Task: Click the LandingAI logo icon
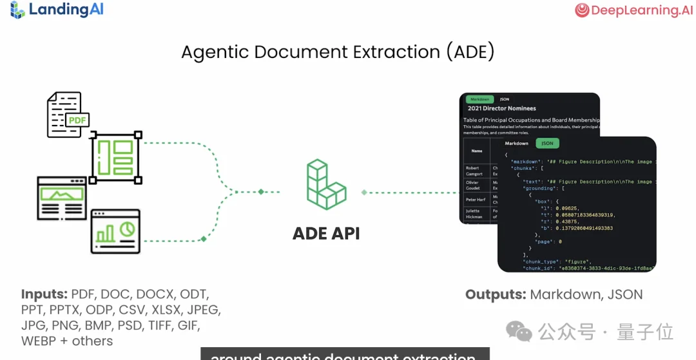(x=17, y=10)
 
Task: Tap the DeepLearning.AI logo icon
(x=583, y=10)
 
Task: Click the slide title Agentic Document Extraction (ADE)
(x=338, y=52)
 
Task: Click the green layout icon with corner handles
(x=116, y=157)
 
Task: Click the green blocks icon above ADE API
(x=326, y=185)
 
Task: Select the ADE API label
(x=326, y=232)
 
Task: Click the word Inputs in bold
(x=44, y=294)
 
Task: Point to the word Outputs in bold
(x=496, y=295)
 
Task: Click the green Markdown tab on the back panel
(x=479, y=99)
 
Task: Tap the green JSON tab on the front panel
(x=547, y=143)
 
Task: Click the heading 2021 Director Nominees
(x=502, y=109)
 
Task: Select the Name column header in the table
(x=477, y=151)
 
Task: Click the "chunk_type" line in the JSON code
(x=556, y=261)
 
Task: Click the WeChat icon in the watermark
(x=519, y=332)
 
